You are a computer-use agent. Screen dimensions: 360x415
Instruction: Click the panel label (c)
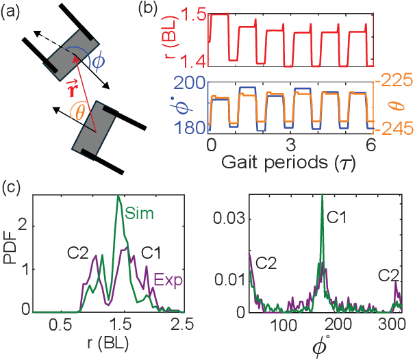click(x=11, y=187)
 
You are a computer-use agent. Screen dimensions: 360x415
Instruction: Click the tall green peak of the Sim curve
click(x=118, y=197)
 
